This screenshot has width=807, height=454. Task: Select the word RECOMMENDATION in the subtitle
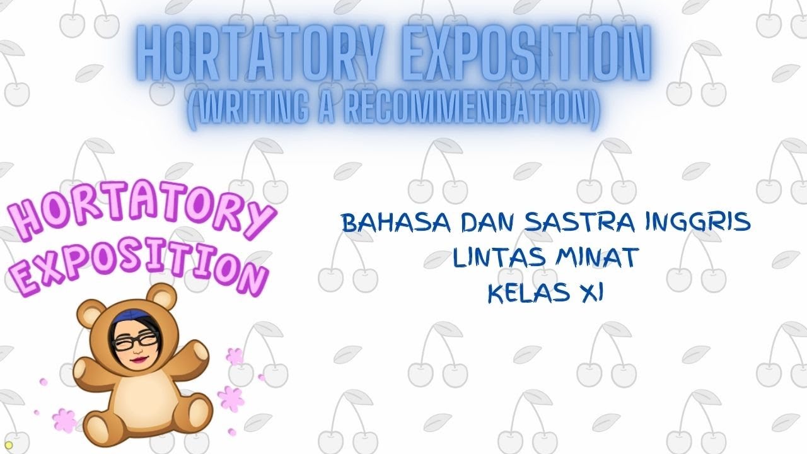click(x=461, y=110)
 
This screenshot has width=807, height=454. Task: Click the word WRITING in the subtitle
click(x=247, y=110)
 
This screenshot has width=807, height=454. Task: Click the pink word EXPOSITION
click(x=136, y=265)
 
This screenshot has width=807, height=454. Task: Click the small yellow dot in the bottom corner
click(x=8, y=445)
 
